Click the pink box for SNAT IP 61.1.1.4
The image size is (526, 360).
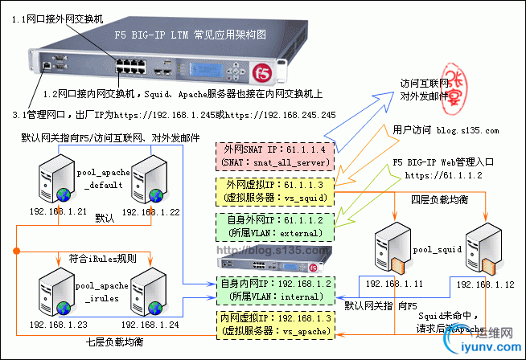tap(273, 155)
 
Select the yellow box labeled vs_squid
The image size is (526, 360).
tap(273, 191)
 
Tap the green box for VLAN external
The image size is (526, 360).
tap(273, 226)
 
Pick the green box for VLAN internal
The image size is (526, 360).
tap(273, 290)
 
